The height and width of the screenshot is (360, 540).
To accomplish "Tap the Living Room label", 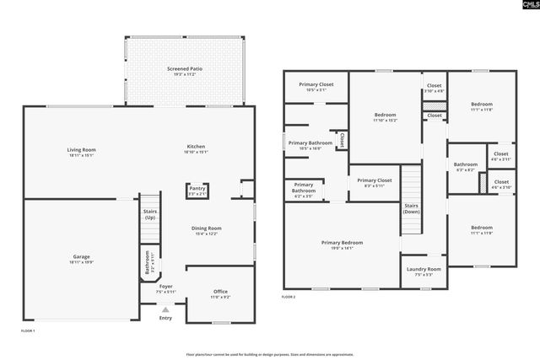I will (x=81, y=150).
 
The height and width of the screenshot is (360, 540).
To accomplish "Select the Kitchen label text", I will (x=195, y=147).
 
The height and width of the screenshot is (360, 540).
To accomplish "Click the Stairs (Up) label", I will (x=149, y=214).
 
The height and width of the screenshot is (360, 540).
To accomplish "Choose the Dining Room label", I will (x=208, y=228).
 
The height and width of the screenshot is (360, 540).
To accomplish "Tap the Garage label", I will (x=81, y=256).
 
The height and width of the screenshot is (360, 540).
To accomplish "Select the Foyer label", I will (x=166, y=287).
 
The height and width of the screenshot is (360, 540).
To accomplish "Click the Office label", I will (x=220, y=292).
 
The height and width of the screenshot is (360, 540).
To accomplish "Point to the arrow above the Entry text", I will (x=165, y=308).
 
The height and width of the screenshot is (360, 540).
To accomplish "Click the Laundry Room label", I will (x=424, y=269).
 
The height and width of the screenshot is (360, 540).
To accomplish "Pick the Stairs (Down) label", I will (x=411, y=208).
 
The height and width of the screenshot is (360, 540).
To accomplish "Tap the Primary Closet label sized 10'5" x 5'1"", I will (x=316, y=85).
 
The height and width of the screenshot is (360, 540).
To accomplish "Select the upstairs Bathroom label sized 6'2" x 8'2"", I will (x=465, y=164).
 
